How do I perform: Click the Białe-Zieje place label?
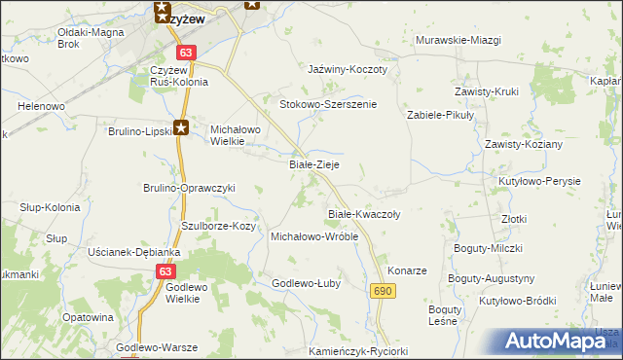[x=314, y=165]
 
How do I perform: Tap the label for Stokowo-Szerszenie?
[x=327, y=104]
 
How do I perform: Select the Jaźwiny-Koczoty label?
[x=348, y=70]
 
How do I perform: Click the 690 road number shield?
[x=383, y=291]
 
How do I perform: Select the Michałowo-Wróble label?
[x=314, y=236]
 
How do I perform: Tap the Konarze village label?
[x=407, y=270]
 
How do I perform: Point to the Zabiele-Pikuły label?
[x=439, y=114]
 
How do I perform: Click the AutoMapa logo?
[x=560, y=341]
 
